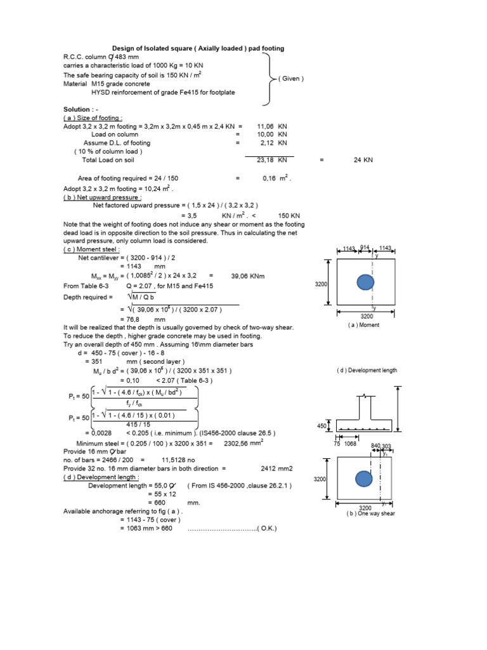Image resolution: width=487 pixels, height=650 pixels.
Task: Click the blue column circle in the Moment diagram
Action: tap(365, 282)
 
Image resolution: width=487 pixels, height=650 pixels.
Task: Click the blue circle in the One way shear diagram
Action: tap(363, 478)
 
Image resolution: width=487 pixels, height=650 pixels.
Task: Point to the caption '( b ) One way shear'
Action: tap(371, 514)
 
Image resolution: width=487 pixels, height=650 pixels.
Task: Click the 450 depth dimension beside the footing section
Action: tap(321, 427)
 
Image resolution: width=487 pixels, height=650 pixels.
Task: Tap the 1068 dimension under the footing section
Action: tap(350, 444)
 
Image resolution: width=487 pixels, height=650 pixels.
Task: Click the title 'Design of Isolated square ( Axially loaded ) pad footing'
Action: tap(198, 48)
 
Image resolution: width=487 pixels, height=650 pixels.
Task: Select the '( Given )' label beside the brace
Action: tap(291, 79)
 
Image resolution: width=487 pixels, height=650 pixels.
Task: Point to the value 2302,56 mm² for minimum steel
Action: tap(243, 443)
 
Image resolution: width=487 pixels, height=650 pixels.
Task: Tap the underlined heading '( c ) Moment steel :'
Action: tap(92, 249)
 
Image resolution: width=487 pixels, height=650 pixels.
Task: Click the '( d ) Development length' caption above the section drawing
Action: tap(367, 370)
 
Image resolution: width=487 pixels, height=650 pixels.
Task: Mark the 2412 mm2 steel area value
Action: tap(276, 468)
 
